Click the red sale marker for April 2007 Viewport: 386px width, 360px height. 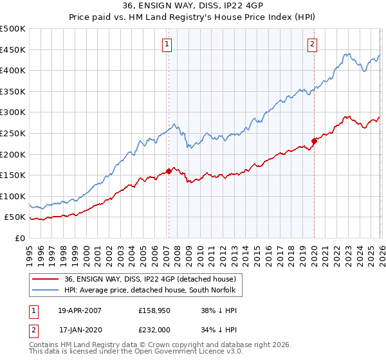click(x=169, y=171)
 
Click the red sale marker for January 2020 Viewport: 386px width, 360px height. click(x=314, y=141)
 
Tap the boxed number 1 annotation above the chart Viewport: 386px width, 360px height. click(x=167, y=44)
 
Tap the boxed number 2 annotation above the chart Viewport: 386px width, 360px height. click(x=312, y=44)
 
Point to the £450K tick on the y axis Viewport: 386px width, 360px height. click(x=13, y=50)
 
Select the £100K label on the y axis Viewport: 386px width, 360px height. click(x=13, y=196)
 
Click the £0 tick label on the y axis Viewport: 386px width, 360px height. click(x=19, y=238)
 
